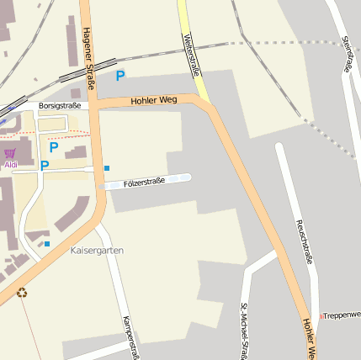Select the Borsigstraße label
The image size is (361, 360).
pyautogui.click(x=59, y=106)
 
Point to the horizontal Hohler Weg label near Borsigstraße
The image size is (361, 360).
pyautogui.click(x=154, y=100)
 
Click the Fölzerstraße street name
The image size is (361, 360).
pyautogui.click(x=144, y=182)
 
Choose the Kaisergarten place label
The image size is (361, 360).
pyautogui.click(x=97, y=251)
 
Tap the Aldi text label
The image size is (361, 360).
pyautogui.click(x=11, y=165)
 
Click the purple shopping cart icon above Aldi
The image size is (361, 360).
pyautogui.click(x=10, y=153)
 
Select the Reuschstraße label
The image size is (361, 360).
pyautogui.click(x=303, y=242)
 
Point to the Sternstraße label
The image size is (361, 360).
pyautogui.click(x=347, y=53)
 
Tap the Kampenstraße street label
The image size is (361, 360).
pyautogui.click(x=130, y=336)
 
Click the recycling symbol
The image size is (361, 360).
pyautogui.click(x=23, y=293)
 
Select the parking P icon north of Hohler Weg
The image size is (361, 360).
pyautogui.click(x=120, y=76)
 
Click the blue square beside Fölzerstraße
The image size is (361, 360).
pyautogui.click(x=107, y=168)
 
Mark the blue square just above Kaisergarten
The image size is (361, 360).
pyautogui.click(x=47, y=244)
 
